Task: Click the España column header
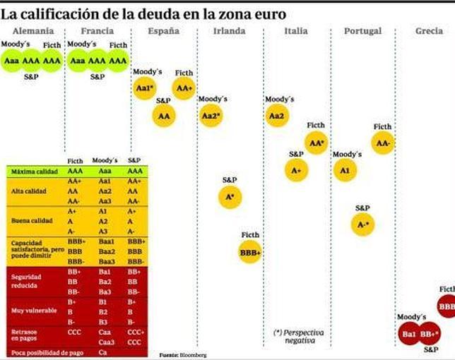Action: [163, 31]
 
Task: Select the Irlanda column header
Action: [230, 31]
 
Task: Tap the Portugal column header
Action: [362, 31]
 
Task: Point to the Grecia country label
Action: [429, 31]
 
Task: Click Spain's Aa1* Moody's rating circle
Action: [143, 88]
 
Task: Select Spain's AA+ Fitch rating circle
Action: [184, 88]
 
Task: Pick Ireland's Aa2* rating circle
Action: [211, 115]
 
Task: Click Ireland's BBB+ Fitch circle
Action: [250, 252]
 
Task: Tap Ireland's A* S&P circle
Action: [230, 197]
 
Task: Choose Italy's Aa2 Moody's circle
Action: [277, 115]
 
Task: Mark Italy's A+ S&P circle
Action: [296, 170]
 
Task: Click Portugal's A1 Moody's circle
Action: [345, 170]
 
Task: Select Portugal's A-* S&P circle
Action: [363, 224]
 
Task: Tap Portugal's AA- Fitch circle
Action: [383, 143]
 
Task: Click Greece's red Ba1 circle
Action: [409, 333]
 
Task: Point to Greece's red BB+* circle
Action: [430, 333]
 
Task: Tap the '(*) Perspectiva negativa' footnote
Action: [295, 335]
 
